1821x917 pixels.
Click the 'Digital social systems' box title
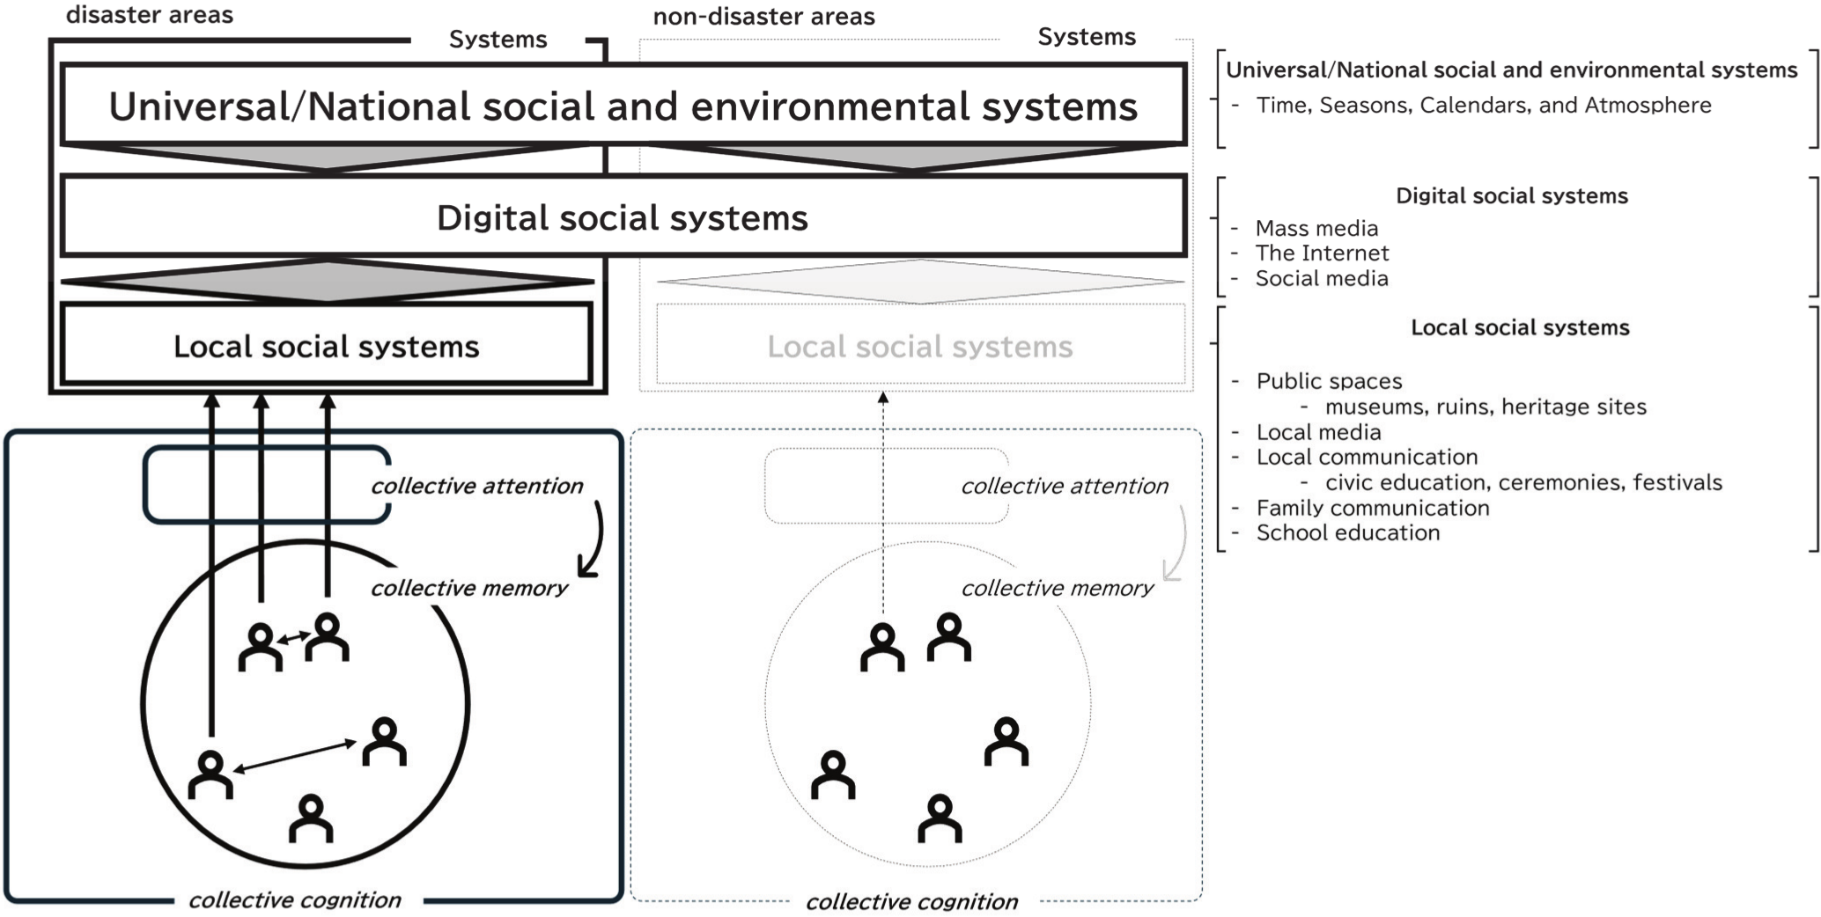pyautogui.click(x=622, y=218)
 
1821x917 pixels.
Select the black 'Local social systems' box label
pyautogui.click(x=326, y=347)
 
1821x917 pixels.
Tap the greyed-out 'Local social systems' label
pyautogui.click(x=919, y=347)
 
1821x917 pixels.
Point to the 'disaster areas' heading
pyautogui.click(x=150, y=15)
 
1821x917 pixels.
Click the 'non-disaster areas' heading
pyautogui.click(x=763, y=17)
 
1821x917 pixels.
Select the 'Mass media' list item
pyautogui.click(x=1316, y=229)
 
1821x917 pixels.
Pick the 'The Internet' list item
pyautogui.click(x=1322, y=253)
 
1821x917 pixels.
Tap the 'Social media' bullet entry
pyautogui.click(x=1321, y=279)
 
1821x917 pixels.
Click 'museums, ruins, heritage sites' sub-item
pyautogui.click(x=1485, y=407)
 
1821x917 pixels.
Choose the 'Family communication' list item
pyautogui.click(x=1372, y=508)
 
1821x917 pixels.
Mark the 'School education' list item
pyautogui.click(x=1347, y=533)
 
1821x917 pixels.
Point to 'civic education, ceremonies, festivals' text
pyautogui.click(x=1522, y=482)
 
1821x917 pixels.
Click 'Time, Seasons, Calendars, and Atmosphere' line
pyautogui.click(x=1483, y=106)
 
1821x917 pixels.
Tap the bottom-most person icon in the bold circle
pyautogui.click(x=311, y=818)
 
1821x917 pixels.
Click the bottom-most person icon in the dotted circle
pyautogui.click(x=940, y=818)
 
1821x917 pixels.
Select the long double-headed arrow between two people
pyautogui.click(x=294, y=758)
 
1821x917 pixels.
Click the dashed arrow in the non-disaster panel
pyautogui.click(x=883, y=502)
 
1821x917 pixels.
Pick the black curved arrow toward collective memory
pyautogui.click(x=595, y=541)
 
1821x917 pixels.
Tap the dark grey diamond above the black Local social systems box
pyautogui.click(x=327, y=282)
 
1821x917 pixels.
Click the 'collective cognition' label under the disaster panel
pyautogui.click(x=295, y=900)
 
